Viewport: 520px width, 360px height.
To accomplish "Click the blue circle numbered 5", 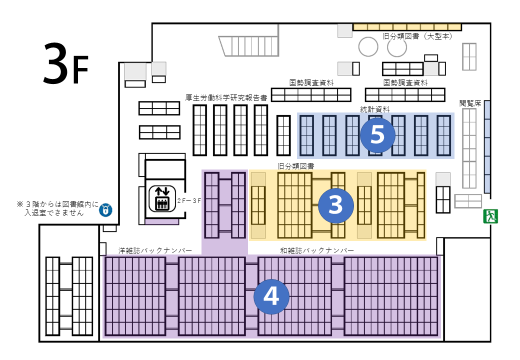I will [x=377, y=135].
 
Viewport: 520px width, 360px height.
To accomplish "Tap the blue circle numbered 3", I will [x=336, y=205].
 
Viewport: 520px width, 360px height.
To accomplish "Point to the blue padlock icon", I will [x=105, y=209].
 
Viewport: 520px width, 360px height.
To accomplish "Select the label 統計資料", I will [x=375, y=108].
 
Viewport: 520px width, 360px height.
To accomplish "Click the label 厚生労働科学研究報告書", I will [x=226, y=97].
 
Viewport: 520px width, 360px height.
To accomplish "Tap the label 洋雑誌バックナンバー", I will [x=155, y=250].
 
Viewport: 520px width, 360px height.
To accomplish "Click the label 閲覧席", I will [x=470, y=103].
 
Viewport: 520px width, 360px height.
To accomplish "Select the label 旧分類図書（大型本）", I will [x=417, y=36].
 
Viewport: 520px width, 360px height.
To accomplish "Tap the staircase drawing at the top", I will [x=249, y=46].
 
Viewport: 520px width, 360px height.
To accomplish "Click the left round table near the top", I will [x=368, y=47].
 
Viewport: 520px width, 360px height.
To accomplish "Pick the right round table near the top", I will [x=397, y=47].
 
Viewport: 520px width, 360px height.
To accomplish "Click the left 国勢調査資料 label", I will [x=311, y=82].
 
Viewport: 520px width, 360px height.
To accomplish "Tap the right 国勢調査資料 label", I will [x=405, y=82].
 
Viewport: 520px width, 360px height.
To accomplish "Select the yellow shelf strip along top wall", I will [x=407, y=27].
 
